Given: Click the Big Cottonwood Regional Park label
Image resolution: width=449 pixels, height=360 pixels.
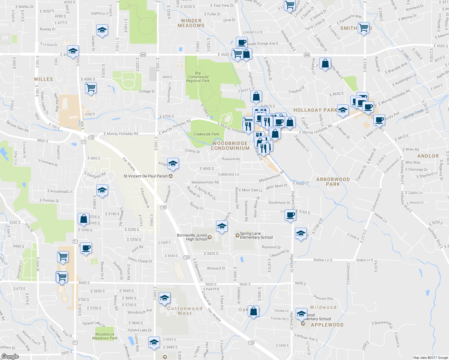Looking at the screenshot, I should click(197, 77).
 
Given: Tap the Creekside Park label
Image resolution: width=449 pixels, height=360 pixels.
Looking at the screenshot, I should click(206, 134).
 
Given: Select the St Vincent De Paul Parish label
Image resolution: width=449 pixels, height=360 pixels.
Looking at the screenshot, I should click(146, 176).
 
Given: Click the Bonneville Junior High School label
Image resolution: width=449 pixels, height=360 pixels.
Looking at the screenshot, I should click(192, 237).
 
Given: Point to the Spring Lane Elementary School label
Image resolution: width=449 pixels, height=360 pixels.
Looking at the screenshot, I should click(256, 235).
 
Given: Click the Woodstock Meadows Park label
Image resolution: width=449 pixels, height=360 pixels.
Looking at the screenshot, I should click(104, 336).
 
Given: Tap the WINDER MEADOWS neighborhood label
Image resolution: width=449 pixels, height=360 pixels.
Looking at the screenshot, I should click(191, 23).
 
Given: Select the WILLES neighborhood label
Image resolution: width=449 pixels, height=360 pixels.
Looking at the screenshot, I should click(43, 79).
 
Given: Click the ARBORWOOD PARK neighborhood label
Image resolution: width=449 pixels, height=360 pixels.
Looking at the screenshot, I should click(333, 182).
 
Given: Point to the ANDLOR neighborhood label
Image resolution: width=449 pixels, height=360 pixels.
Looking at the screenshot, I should click(428, 156).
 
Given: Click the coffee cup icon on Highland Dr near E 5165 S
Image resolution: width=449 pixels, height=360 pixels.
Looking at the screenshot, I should click(290, 215).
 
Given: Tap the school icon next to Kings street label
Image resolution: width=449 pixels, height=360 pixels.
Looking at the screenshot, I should click(173, 163).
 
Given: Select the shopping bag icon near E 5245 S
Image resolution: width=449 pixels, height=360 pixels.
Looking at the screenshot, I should click(84, 219).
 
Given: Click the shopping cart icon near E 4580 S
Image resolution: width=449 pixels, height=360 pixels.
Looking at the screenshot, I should click(91, 88).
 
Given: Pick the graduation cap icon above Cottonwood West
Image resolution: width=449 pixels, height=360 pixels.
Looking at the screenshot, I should click(164, 298).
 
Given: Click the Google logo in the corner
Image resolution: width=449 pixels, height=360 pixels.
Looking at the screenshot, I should click(10, 356).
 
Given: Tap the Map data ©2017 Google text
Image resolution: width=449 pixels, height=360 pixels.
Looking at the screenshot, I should click(430, 358).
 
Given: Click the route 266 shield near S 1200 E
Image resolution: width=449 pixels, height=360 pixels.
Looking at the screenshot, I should click(143, 55).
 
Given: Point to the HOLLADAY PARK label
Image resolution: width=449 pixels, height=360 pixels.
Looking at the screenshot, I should click(315, 110).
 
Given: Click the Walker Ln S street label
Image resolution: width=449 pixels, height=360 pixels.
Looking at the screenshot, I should click(323, 260).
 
